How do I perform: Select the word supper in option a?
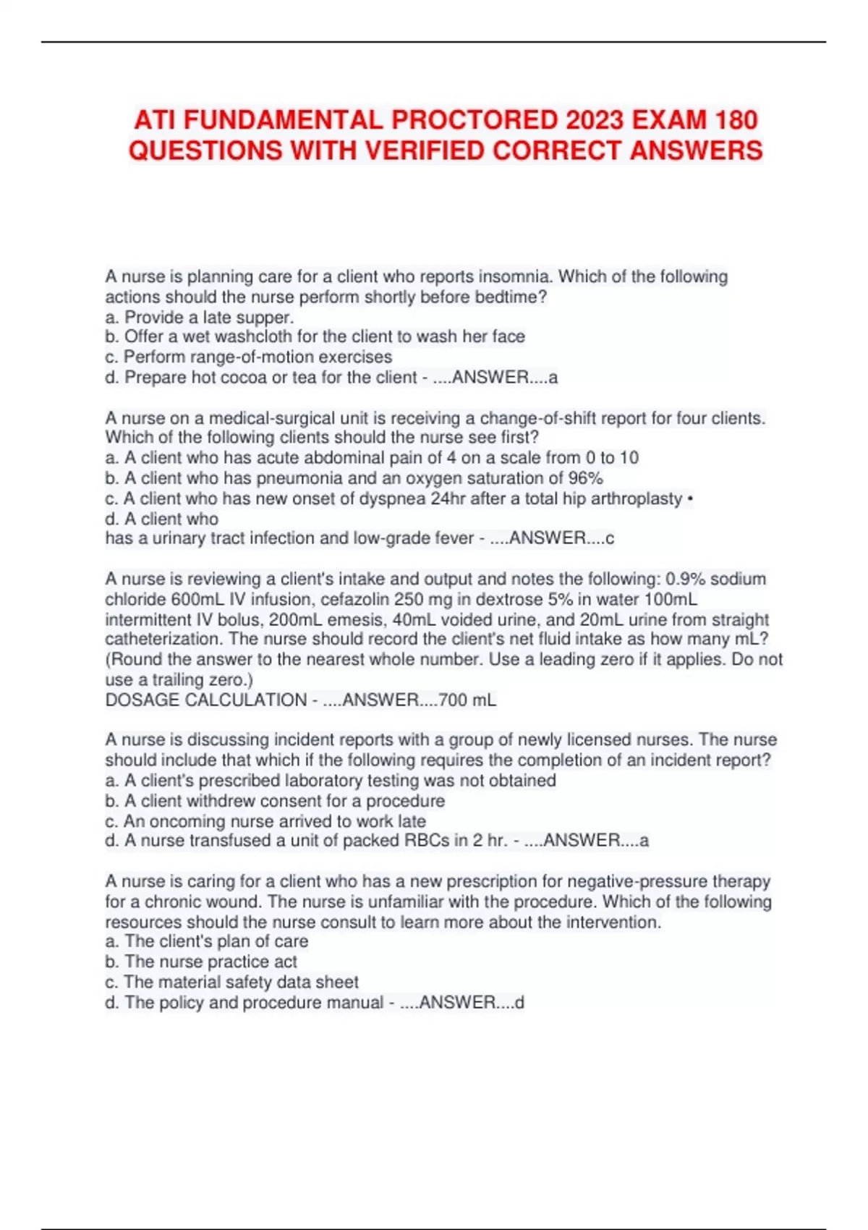265,317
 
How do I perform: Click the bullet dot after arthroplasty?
690,499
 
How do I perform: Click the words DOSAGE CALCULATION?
205,700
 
